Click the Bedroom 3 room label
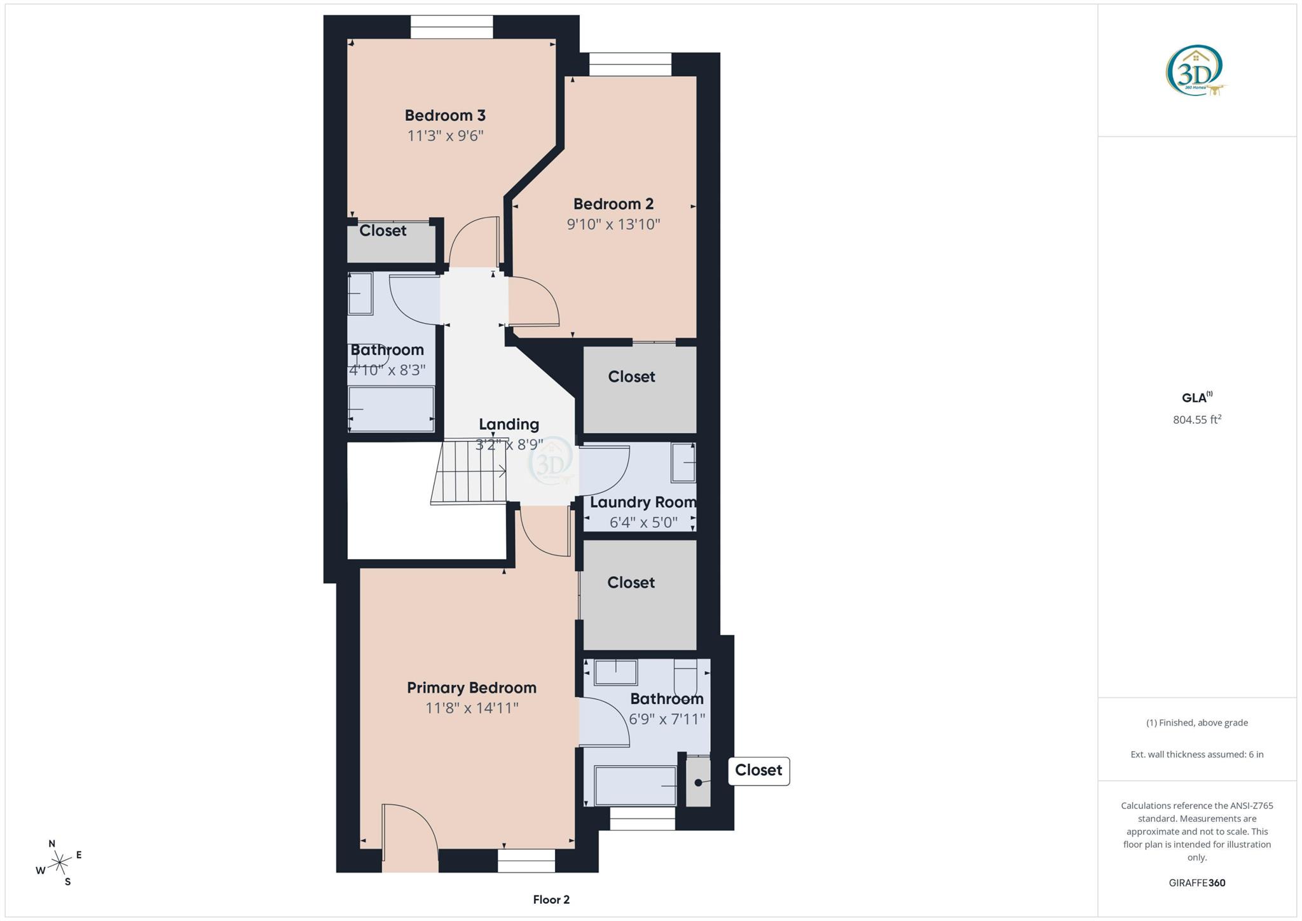pyautogui.click(x=445, y=115)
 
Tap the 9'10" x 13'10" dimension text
pyautogui.click(x=613, y=225)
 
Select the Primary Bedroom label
pyautogui.click(x=472, y=688)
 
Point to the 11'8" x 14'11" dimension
pyautogui.click(x=472, y=708)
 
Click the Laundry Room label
pyautogui.click(x=643, y=502)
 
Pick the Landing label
pyautogui.click(x=509, y=424)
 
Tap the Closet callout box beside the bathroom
pyautogui.click(x=758, y=771)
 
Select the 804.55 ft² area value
pyautogui.click(x=1196, y=420)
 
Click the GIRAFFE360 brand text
pyautogui.click(x=1196, y=883)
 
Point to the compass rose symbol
pyautogui.click(x=60, y=862)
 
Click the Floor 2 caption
pyautogui.click(x=551, y=899)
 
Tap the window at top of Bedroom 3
pyautogui.click(x=451, y=27)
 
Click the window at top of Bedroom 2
pyautogui.click(x=630, y=64)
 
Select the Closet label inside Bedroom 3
pyautogui.click(x=383, y=231)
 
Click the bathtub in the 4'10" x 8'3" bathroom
pyautogui.click(x=391, y=408)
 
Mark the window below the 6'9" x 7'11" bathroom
pyautogui.click(x=642, y=819)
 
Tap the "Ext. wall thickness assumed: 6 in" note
pyautogui.click(x=1196, y=754)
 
